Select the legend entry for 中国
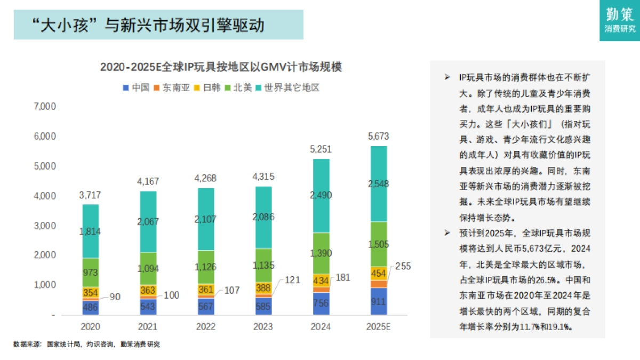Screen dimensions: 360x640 tap(137, 87)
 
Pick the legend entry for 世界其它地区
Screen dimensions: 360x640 tap(288, 87)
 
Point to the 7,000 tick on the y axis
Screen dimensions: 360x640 tap(45, 106)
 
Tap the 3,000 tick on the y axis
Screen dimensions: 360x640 tap(45, 226)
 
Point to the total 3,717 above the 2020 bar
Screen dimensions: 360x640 tap(91, 195)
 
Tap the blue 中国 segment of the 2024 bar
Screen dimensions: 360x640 tap(321, 304)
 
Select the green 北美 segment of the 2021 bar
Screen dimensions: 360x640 tap(149, 268)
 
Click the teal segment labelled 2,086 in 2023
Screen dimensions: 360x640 tap(263, 217)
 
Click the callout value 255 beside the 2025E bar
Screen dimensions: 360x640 tap(404, 266)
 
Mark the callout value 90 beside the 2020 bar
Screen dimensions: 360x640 tap(114, 297)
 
